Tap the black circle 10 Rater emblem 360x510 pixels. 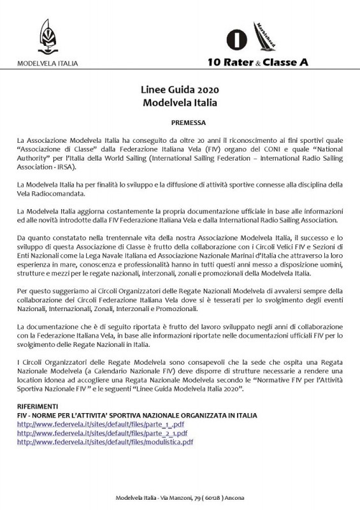(236, 38)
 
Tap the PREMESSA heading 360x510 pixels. (180, 120)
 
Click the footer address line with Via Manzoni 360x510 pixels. (180, 497)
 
